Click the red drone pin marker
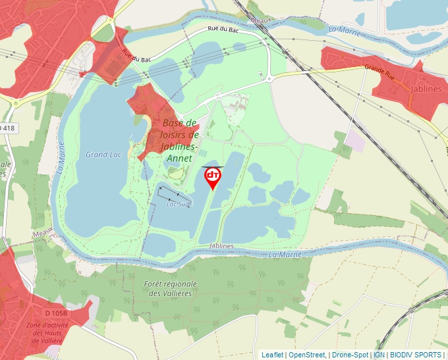pos(213,176)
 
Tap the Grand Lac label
pos(103,155)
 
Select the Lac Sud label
pos(178,204)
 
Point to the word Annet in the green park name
pos(179,159)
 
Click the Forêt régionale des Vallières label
pos(170,288)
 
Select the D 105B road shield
pos(58,312)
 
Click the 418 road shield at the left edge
pos(7,128)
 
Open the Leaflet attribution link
pos(272,355)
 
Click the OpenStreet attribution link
pos(306,355)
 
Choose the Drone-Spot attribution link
pos(350,355)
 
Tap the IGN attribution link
pos(379,355)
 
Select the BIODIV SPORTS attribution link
pos(416,355)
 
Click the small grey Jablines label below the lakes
pos(221,245)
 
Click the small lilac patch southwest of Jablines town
pos(354,140)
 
